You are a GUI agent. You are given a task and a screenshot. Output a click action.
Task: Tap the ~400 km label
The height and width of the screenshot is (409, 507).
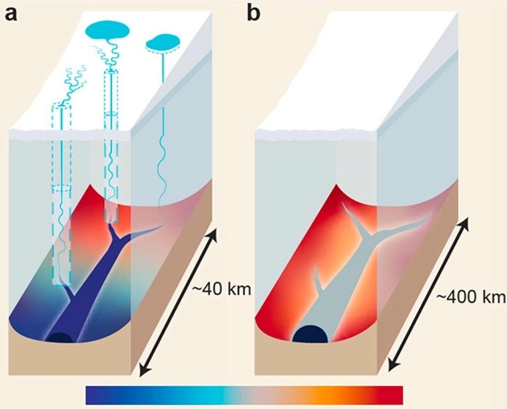(470, 297)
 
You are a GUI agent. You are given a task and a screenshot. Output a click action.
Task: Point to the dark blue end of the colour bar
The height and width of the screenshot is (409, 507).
(93, 395)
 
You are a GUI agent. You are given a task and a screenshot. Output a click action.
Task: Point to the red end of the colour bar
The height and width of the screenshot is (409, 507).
(395, 395)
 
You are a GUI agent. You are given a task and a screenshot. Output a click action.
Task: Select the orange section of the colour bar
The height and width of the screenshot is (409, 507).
(321, 395)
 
